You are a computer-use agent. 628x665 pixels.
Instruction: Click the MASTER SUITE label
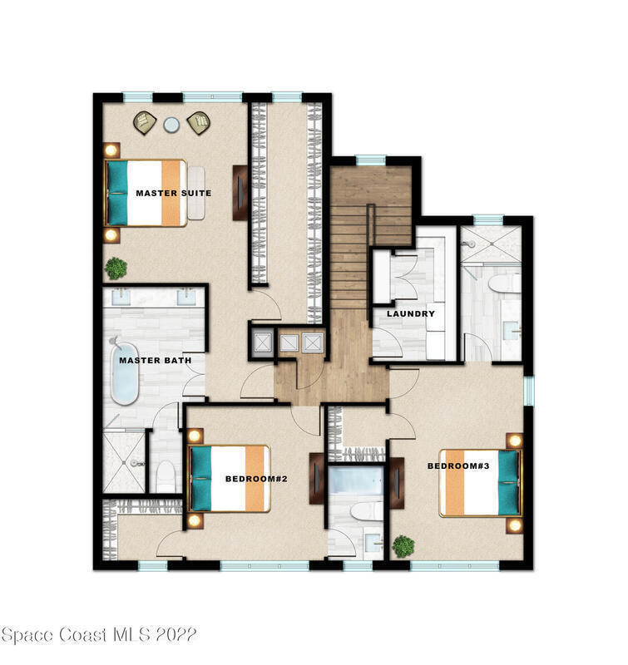coord(174,193)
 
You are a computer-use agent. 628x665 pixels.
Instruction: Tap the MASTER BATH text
coord(156,361)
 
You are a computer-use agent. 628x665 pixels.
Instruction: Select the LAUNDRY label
coord(411,314)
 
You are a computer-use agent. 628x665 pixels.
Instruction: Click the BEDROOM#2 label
coord(256,479)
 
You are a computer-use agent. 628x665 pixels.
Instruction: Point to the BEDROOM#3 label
coord(458,466)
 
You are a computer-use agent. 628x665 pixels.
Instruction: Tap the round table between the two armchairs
coord(171,125)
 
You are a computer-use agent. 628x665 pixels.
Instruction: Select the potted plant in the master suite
coord(116,268)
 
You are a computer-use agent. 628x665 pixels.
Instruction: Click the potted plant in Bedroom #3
coord(403,546)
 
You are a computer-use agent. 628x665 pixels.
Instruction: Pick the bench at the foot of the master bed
coord(196,193)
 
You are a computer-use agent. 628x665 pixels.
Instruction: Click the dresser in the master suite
coord(240,193)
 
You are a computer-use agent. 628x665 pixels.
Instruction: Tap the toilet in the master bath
coord(166,476)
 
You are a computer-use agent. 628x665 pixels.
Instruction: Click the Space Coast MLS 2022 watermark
coord(98,635)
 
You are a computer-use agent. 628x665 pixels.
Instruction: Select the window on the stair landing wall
coord(370,160)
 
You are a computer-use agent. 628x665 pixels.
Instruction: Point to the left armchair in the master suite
coord(145,123)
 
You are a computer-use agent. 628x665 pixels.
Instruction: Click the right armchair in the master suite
coord(199,123)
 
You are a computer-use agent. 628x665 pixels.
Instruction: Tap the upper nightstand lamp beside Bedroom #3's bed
coord(514,441)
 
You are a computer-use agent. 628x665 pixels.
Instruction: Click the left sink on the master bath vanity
coord(121,297)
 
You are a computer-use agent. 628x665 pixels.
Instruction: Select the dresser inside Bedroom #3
coord(397,483)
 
